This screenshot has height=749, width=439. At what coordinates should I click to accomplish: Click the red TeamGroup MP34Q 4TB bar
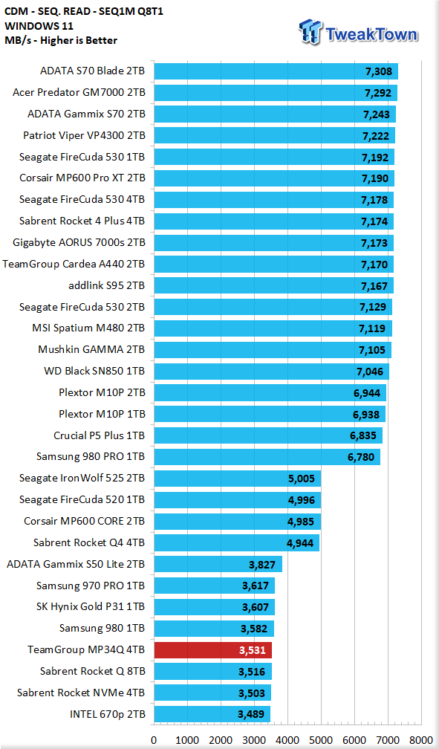[212, 650]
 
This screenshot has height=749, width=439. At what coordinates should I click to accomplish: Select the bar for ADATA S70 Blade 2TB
[276, 71]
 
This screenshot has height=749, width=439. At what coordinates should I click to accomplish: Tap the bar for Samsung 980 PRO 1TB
[267, 457]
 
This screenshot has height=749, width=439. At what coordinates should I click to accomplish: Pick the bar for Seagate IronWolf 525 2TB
[237, 479]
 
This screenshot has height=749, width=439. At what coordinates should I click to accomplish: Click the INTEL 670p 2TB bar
[212, 714]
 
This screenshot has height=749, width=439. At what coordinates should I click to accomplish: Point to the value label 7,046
[370, 372]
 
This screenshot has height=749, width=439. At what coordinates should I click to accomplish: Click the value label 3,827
[262, 565]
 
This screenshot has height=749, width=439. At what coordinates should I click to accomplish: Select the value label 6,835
[363, 435]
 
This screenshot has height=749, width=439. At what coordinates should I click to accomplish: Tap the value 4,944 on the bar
[301, 543]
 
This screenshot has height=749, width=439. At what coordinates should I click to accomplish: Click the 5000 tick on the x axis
[321, 740]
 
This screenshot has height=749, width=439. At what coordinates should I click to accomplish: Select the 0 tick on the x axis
[154, 740]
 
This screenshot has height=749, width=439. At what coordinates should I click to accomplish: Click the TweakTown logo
[358, 33]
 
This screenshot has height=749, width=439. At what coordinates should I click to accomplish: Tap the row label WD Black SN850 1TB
[94, 372]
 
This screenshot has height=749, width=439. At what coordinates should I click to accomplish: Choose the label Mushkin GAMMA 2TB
[91, 350]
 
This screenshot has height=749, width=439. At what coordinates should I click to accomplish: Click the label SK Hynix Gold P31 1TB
[91, 606]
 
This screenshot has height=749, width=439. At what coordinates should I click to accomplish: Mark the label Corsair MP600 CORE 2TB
[85, 521]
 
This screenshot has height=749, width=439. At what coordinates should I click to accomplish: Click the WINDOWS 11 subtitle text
[39, 26]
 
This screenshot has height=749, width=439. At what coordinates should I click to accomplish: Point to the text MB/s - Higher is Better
[61, 41]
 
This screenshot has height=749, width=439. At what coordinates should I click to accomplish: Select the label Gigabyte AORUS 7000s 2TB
[79, 243]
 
